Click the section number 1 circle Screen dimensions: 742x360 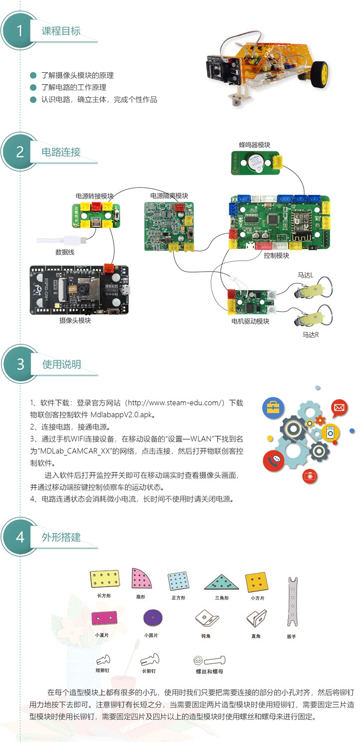point(20,31)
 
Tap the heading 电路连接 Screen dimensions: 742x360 point(61,152)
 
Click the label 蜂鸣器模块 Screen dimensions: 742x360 point(254,145)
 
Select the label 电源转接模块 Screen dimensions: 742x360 point(94,196)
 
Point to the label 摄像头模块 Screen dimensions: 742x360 point(75,320)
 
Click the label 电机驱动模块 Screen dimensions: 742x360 point(250,321)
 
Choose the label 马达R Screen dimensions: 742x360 point(310,334)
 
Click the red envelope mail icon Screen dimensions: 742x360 point(340,408)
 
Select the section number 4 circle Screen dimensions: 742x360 point(20,537)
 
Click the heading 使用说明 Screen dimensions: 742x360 point(62,364)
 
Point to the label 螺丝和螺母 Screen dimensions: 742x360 point(208,671)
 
